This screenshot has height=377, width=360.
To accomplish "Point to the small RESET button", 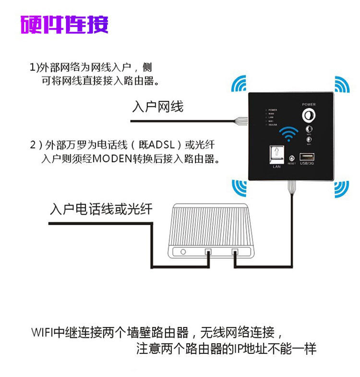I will point(291,158).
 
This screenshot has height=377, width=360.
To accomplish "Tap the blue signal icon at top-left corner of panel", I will point(239,84).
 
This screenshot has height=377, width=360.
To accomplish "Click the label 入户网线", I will point(157,106).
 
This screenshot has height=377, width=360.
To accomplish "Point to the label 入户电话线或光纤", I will point(101,209).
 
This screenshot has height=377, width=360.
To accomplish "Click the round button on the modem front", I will point(182,252).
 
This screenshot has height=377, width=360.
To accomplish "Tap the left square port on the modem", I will point(208,252).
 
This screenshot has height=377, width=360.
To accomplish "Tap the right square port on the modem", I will point(235,252).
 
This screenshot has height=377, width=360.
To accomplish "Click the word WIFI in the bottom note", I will point(42,332).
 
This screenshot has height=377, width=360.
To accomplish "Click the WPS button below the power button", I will point(309,129).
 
